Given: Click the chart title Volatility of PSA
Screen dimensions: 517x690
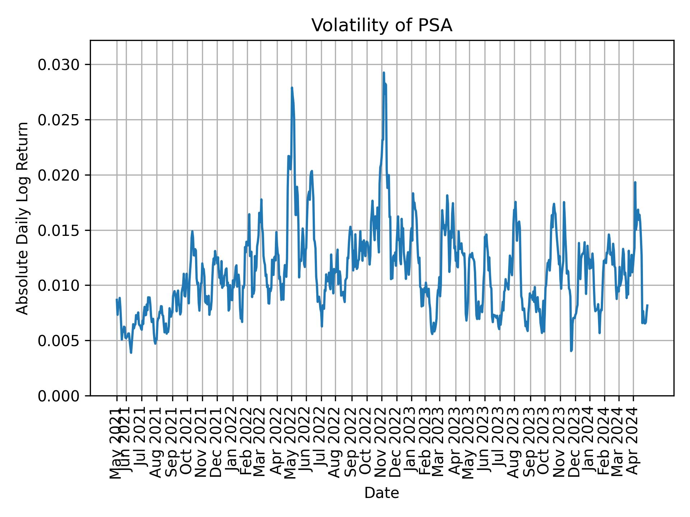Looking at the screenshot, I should click(382, 25).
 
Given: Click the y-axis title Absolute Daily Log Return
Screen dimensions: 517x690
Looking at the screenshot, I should click(23, 218).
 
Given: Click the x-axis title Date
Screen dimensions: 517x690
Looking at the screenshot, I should click(382, 493).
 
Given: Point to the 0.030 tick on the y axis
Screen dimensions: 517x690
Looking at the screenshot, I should click(58, 65).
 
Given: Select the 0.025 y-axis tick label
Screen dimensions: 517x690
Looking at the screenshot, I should click(58, 120).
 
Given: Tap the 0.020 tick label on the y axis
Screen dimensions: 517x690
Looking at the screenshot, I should click(58, 175).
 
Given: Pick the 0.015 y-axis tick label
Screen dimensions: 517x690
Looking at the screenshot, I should click(58, 230).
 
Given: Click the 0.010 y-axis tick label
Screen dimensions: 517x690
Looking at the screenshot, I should click(58, 285).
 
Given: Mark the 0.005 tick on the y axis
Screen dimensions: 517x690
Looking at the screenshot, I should click(58, 341).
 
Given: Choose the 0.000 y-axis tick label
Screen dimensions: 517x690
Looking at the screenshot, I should click(58, 396).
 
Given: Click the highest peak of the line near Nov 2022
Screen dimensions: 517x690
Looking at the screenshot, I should click(384, 73).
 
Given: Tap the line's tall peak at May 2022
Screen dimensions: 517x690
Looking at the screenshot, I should click(292, 88).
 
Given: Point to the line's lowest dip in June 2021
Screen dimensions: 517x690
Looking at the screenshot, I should click(131, 353).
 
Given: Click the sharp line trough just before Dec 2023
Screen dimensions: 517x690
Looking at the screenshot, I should click(571, 351).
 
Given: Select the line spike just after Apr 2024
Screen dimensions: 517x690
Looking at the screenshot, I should click(635, 182).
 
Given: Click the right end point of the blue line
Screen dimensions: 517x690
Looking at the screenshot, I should click(647, 305).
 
